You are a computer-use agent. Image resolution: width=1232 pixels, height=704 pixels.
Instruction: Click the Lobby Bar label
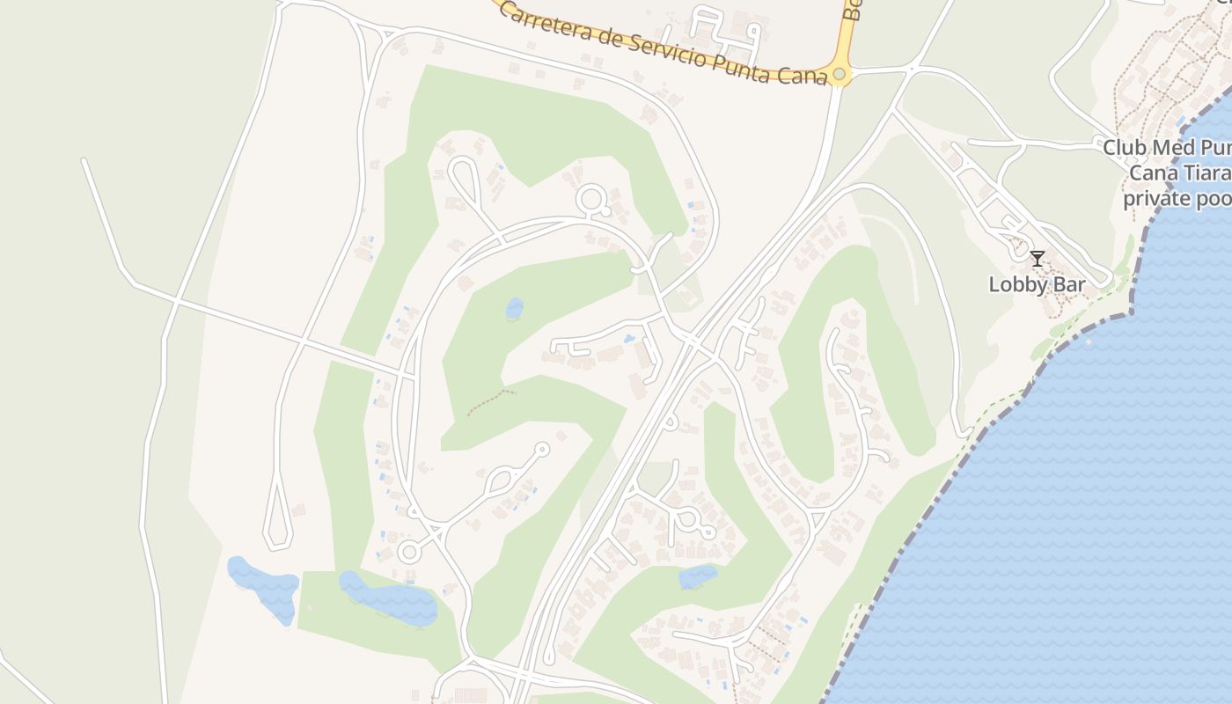pyautogui.click(x=1037, y=285)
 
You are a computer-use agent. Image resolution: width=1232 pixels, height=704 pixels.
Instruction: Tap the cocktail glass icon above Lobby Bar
pyautogui.click(x=1038, y=259)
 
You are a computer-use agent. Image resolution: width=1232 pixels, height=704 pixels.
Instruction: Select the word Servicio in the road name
pyautogui.click(x=668, y=51)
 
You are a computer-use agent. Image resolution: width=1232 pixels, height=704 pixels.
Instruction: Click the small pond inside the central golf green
pyautogui.click(x=514, y=309)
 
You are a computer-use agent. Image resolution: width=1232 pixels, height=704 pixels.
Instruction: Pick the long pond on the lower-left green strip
pyautogui.click(x=390, y=598)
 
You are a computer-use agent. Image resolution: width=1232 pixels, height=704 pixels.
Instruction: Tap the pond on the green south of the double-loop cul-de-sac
pyautogui.click(x=698, y=577)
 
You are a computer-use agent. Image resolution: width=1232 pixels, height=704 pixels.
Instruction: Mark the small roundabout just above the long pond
pyautogui.click(x=408, y=553)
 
